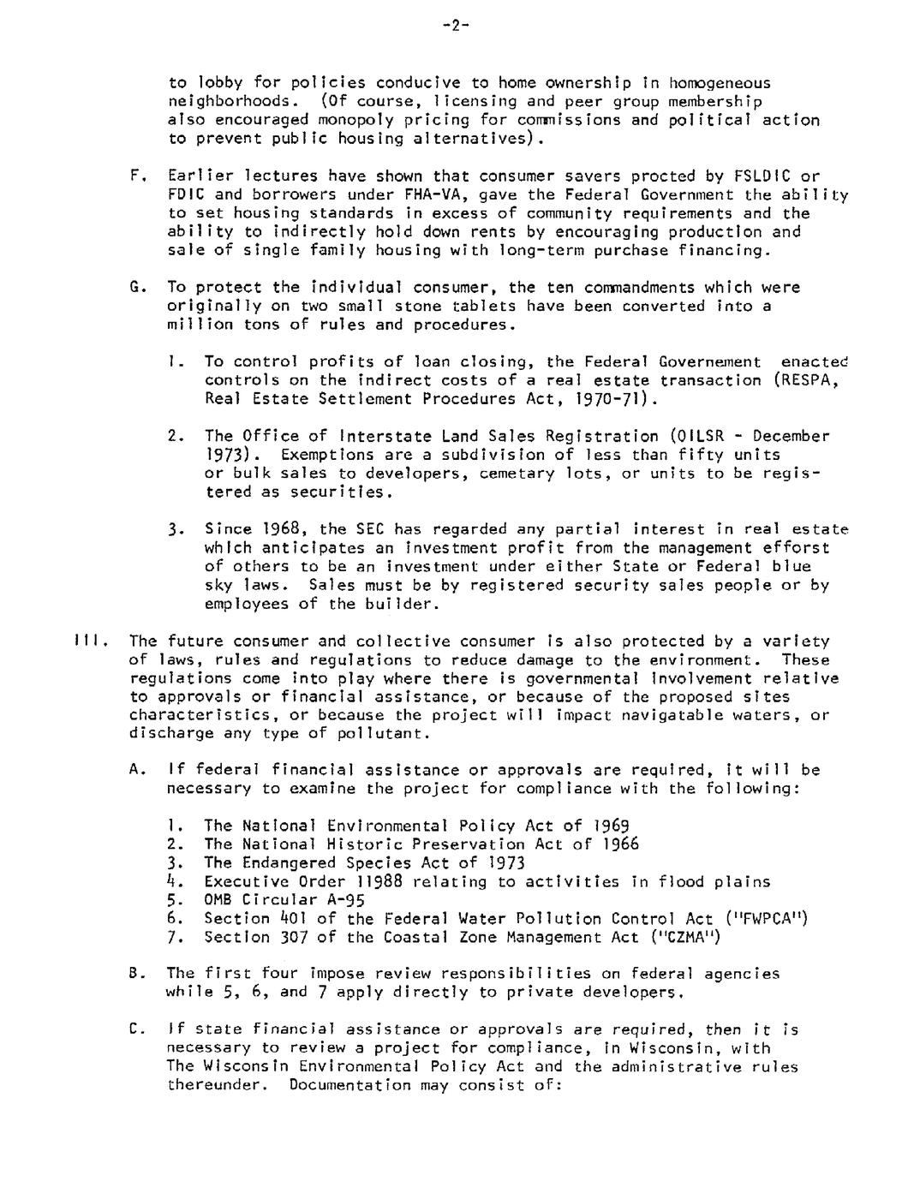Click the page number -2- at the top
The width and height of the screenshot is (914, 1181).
click(x=456, y=26)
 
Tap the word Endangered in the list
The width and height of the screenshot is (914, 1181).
click(x=289, y=863)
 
